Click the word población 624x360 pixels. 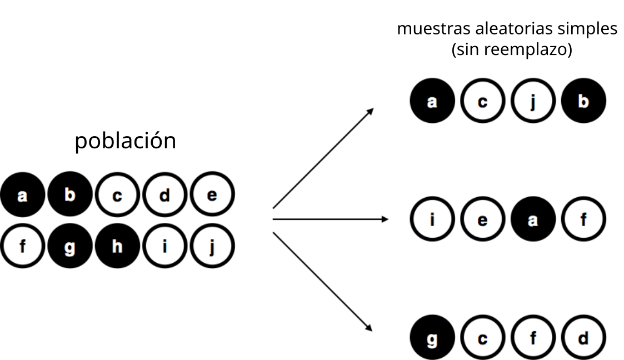[126, 141]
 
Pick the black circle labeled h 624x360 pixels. [117, 246]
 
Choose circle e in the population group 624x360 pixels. [212, 194]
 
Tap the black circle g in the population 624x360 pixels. [70, 246]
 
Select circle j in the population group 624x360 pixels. [212, 246]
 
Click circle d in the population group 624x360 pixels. [165, 194]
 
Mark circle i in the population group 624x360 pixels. [165, 246]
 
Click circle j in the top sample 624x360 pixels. [533, 101]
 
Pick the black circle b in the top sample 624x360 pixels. [583, 101]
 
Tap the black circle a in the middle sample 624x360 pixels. [533, 219]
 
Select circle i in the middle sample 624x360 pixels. [432, 219]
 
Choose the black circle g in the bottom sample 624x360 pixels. [432, 337]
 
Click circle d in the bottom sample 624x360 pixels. [583, 337]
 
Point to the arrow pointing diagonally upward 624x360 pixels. [323, 158]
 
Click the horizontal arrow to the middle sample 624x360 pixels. [330, 219]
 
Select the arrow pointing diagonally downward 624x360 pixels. [322, 282]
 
